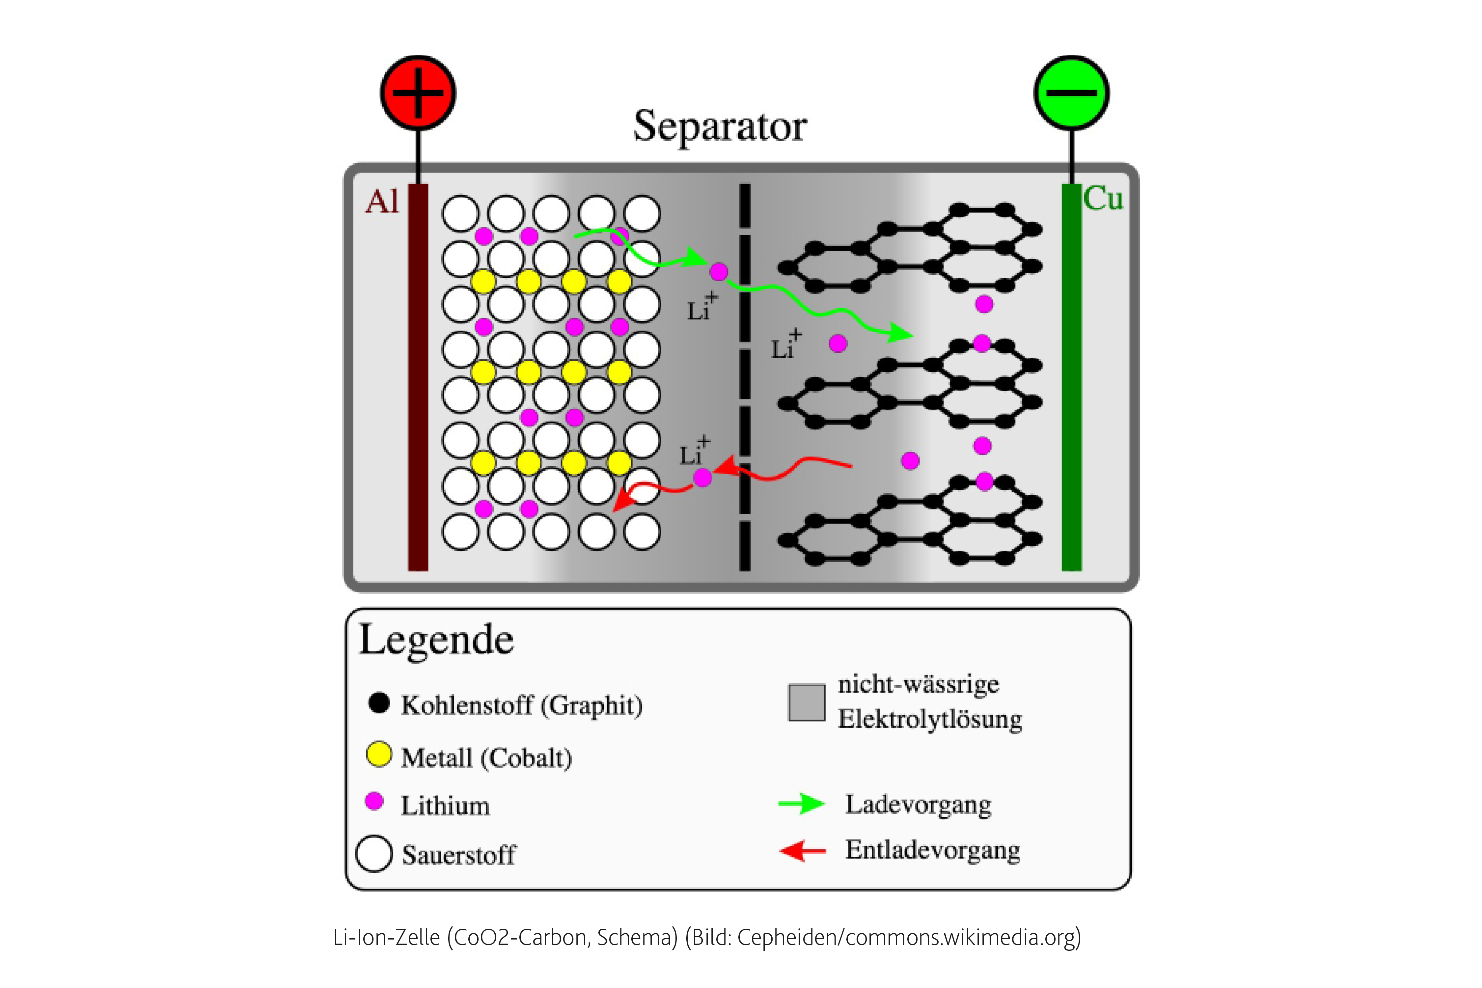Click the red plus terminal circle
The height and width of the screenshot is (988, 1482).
click(x=418, y=93)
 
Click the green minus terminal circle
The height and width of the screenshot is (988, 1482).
click(x=1071, y=93)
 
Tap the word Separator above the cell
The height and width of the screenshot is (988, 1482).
click(x=720, y=126)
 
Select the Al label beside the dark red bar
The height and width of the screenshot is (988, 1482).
click(x=382, y=202)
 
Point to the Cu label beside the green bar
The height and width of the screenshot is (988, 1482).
click(x=1103, y=199)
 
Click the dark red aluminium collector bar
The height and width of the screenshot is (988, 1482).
click(x=418, y=378)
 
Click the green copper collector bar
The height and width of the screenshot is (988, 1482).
click(x=1071, y=378)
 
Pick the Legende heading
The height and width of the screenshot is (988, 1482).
click(x=436, y=640)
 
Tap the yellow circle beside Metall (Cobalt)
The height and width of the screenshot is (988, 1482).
click(x=379, y=754)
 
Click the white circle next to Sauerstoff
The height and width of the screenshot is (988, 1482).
click(x=374, y=854)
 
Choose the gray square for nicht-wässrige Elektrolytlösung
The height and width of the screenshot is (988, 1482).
click(x=807, y=702)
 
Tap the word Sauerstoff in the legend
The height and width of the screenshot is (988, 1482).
click(x=459, y=855)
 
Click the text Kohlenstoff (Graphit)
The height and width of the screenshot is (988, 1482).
click(x=522, y=705)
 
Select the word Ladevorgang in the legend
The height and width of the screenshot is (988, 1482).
click(x=918, y=805)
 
